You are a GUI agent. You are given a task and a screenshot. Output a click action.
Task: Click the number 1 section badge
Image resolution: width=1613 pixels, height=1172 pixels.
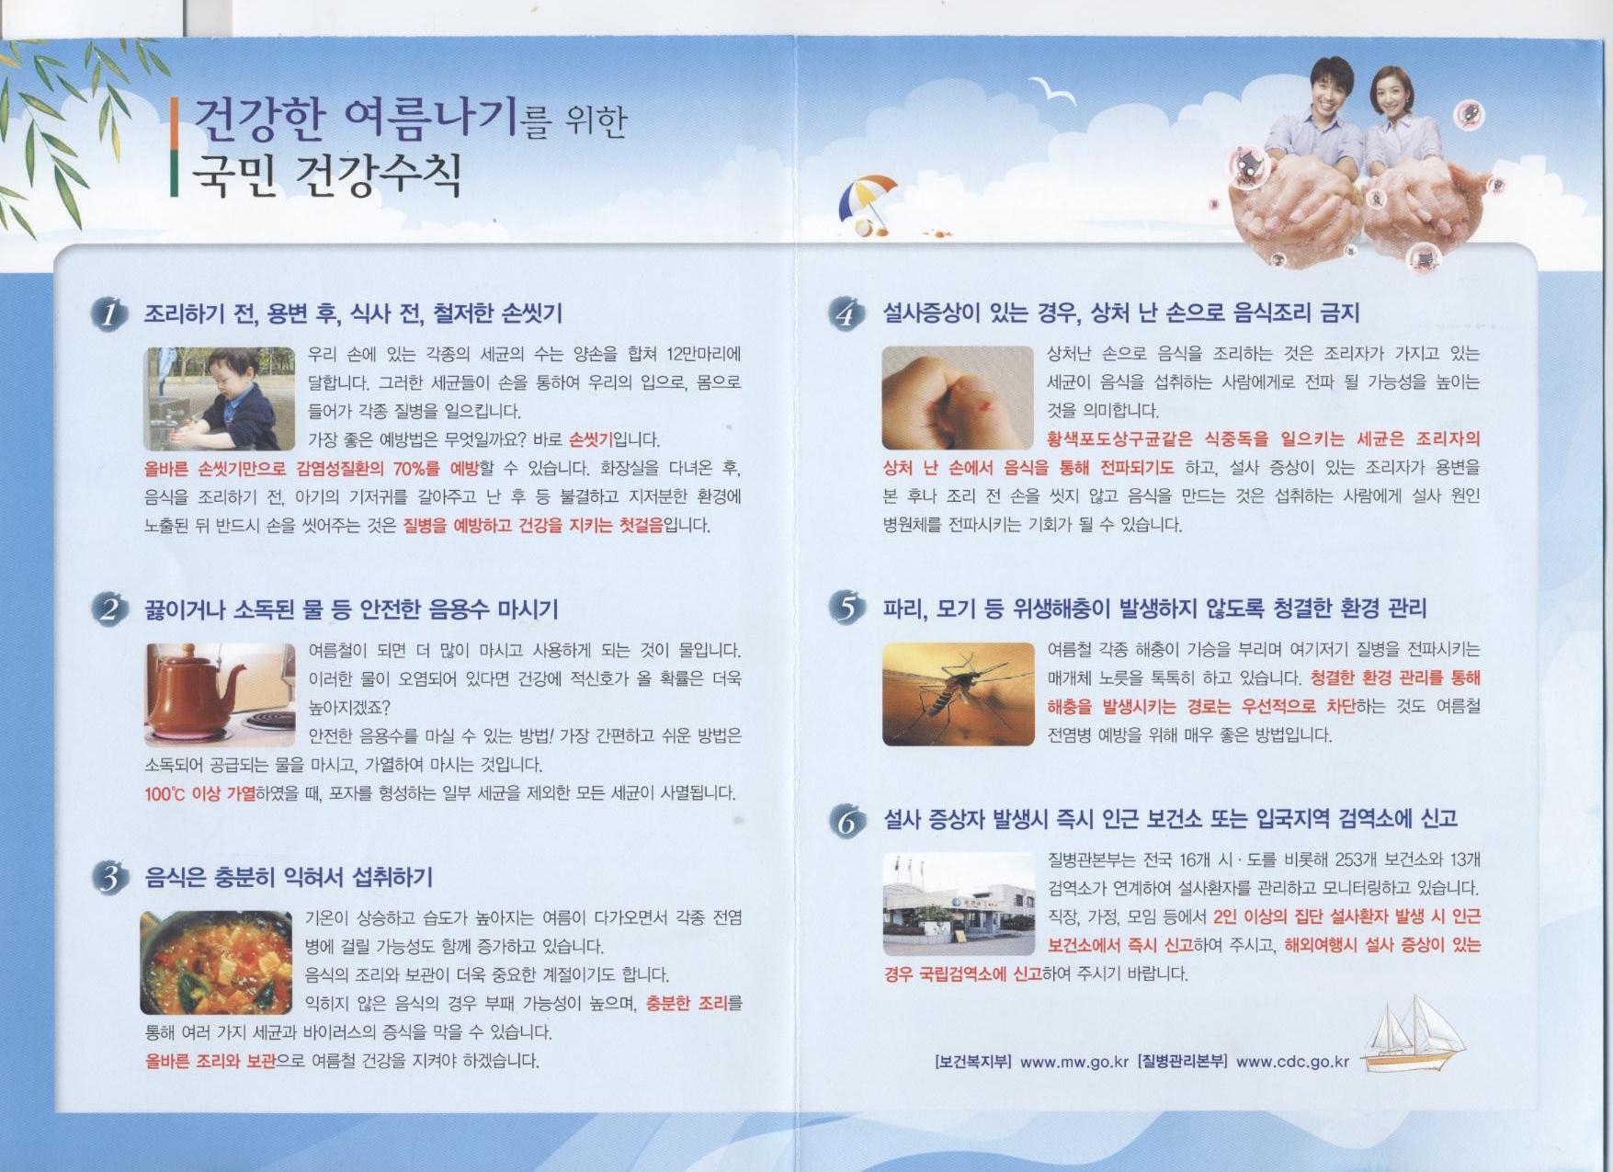coord(109,314)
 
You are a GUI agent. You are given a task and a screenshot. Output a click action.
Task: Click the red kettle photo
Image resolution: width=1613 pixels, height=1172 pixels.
coord(220,695)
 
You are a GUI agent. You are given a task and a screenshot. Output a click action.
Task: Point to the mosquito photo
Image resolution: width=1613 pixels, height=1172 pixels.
coord(958,694)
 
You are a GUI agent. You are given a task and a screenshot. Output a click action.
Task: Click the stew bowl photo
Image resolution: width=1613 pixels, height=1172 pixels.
coord(216,962)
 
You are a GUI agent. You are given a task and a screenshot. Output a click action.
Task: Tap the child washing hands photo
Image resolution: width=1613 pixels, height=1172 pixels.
coord(220,398)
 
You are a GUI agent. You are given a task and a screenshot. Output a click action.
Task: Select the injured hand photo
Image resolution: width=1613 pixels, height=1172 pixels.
coord(958,397)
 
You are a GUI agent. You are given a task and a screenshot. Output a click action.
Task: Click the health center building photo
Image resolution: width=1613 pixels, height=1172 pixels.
coord(958,905)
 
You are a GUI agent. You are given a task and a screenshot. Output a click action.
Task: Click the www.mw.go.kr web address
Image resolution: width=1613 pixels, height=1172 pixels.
coord(1073,1062)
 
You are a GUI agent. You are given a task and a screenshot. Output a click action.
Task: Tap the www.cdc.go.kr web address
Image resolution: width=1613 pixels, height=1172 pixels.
coord(1292,1062)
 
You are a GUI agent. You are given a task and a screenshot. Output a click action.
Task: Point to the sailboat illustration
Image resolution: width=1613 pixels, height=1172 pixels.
coord(1411,1033)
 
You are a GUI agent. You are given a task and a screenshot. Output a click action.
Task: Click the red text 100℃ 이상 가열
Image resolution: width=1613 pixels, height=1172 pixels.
coord(200,793)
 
